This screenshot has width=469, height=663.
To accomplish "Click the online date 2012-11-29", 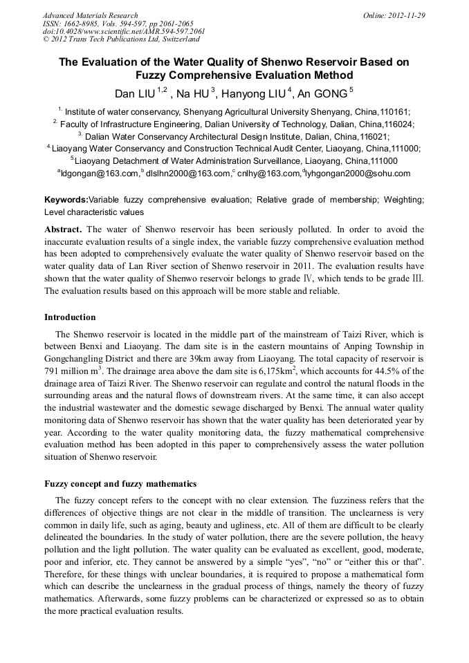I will (406, 15).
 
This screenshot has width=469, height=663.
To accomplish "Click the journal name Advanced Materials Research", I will (90, 15).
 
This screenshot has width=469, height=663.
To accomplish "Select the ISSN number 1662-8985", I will (82, 24).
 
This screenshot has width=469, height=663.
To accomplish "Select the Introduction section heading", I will (70, 317).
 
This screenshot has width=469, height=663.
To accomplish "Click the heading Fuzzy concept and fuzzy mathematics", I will (120, 483).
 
